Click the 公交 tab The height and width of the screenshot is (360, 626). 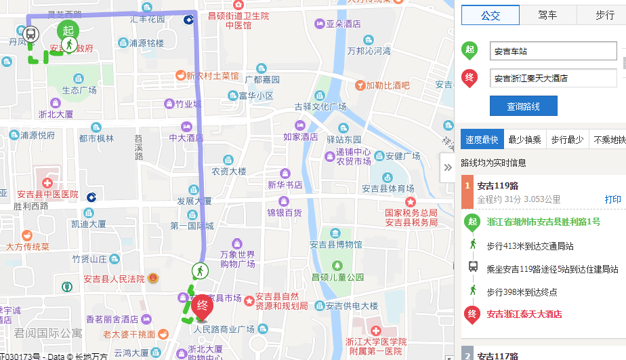(490, 15)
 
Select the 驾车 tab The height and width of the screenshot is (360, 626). (547, 15)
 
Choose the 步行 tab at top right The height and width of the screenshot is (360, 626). (604, 15)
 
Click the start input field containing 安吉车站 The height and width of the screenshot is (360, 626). (553, 52)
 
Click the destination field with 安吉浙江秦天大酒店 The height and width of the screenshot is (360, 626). (553, 78)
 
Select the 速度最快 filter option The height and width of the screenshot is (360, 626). (482, 140)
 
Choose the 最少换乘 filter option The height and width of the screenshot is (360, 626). (524, 140)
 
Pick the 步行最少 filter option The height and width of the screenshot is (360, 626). (567, 140)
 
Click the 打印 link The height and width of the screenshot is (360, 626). (612, 199)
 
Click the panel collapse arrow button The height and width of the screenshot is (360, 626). (447, 167)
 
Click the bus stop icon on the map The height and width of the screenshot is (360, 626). (30, 33)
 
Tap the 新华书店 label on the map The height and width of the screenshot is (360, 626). (285, 185)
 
